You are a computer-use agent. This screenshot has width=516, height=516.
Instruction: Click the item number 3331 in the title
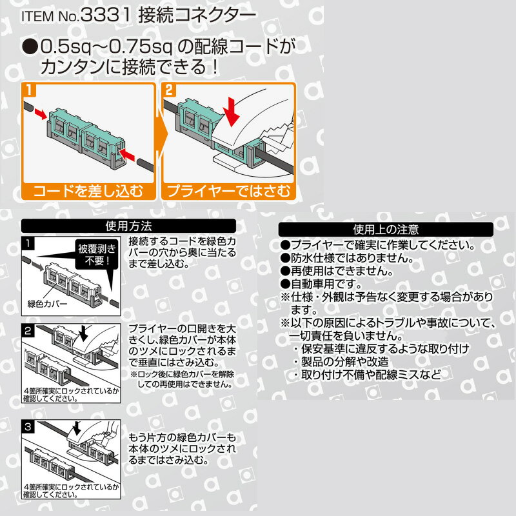(105, 15)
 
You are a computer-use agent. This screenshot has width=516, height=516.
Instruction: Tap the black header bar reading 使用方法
(128, 226)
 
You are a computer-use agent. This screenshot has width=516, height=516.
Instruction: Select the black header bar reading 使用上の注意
(386, 229)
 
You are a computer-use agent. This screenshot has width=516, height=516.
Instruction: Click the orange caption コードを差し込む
(88, 191)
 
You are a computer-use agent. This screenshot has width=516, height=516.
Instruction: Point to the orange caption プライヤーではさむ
(229, 191)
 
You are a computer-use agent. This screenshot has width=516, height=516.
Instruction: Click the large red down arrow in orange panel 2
(232, 111)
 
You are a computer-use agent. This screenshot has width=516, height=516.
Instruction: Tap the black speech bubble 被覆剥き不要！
(97, 255)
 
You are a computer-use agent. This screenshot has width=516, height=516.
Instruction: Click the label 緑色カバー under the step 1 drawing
(47, 304)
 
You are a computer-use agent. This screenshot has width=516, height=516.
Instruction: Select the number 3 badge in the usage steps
(28, 427)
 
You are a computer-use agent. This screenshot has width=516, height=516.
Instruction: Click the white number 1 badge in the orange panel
(30, 90)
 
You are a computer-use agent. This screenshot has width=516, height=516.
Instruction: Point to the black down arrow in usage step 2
(83, 332)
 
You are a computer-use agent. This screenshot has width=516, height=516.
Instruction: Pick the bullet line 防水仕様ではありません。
(347, 258)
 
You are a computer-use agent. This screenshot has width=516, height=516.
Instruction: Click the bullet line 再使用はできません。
(337, 271)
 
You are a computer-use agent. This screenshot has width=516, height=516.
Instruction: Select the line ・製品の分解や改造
(341, 362)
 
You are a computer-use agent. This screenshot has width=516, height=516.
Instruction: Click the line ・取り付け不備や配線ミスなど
(366, 375)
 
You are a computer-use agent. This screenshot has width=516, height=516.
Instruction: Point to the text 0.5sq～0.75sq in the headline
(106, 46)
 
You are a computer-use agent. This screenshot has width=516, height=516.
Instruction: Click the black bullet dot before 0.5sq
(30, 46)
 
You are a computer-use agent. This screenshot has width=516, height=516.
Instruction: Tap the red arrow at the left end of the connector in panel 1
(41, 114)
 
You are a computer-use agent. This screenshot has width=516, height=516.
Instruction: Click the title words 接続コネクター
(197, 15)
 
